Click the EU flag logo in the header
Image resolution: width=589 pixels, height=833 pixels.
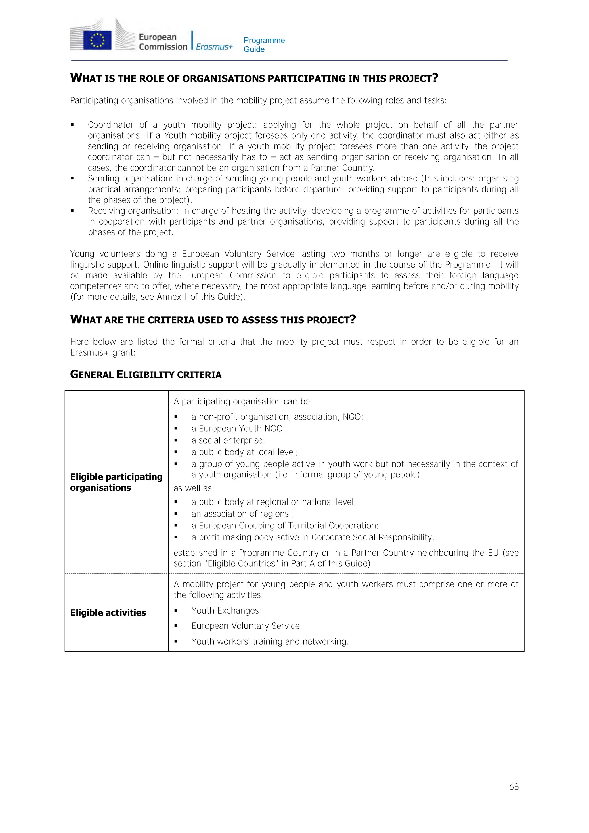click(x=97, y=40)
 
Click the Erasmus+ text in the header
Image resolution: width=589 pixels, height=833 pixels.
click(x=214, y=47)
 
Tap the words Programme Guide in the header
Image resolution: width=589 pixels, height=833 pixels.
click(x=264, y=45)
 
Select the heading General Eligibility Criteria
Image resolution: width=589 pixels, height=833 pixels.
click(x=146, y=375)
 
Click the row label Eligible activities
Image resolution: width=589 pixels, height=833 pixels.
click(x=108, y=612)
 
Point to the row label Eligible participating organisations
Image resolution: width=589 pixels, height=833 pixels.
click(x=116, y=482)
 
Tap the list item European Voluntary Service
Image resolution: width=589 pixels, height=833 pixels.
click(x=247, y=626)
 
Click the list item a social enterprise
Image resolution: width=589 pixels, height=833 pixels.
click(x=228, y=440)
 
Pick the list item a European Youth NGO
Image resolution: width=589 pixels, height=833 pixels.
click(x=238, y=429)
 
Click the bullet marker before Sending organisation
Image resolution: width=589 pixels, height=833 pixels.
click(x=72, y=179)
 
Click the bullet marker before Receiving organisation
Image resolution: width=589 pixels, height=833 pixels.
click(x=72, y=211)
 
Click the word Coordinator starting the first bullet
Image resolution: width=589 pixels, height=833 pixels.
click(x=111, y=125)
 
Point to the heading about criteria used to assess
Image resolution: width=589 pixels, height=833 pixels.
click(x=213, y=320)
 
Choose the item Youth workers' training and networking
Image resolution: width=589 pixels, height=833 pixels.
click(x=270, y=641)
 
